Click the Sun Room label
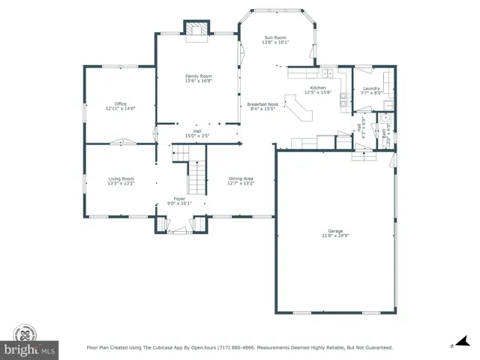pos(274,37)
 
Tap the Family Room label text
pos(199,75)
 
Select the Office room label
pos(120,103)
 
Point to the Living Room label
pos(121,178)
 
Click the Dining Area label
pos(241,178)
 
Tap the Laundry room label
pos(370,88)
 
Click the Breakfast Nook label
pos(262,104)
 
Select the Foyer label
pos(180,199)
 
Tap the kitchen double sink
pos(328,73)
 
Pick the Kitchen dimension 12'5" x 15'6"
pos(317,92)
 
